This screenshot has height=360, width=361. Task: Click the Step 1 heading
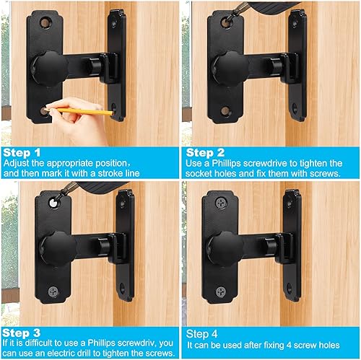click(22, 153)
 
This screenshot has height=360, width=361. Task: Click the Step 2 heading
click(205, 153)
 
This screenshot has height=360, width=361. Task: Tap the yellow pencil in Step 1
click(87, 112)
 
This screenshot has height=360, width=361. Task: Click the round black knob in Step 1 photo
click(52, 66)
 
